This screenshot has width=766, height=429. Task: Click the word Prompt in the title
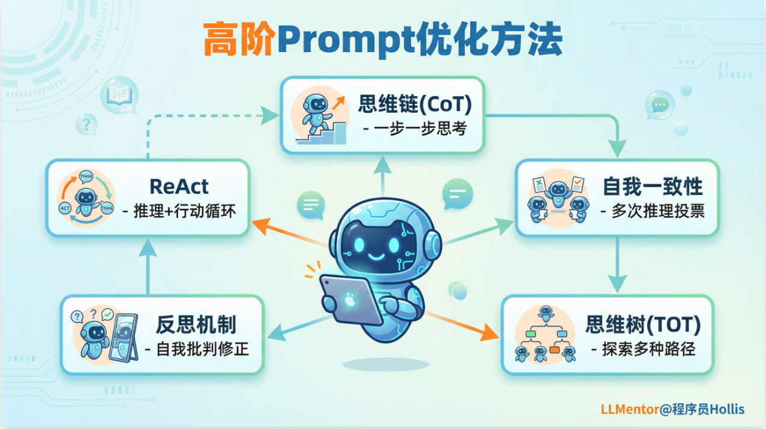(347, 40)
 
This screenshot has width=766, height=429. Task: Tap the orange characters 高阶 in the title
(240, 38)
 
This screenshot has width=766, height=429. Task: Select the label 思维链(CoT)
(415, 104)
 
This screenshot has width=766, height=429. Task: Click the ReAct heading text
(179, 187)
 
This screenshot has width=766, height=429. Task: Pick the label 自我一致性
(653, 187)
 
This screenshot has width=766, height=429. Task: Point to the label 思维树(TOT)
(643, 325)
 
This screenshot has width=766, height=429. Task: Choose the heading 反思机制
(196, 325)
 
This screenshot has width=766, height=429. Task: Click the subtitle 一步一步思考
(420, 128)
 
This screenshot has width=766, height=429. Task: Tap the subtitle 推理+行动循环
(185, 211)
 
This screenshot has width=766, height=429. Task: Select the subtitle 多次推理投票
(658, 211)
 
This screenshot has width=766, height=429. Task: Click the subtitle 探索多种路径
(648, 349)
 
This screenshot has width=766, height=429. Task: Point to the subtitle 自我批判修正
(202, 349)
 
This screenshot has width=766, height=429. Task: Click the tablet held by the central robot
(351, 299)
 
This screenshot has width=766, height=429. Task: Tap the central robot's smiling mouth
(377, 257)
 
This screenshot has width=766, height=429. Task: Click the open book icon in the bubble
(119, 94)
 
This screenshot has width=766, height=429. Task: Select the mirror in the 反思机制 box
(124, 338)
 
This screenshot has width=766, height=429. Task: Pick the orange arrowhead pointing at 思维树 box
(488, 332)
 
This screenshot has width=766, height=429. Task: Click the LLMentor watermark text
(630, 409)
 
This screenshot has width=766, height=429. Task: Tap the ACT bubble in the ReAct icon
(65, 208)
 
